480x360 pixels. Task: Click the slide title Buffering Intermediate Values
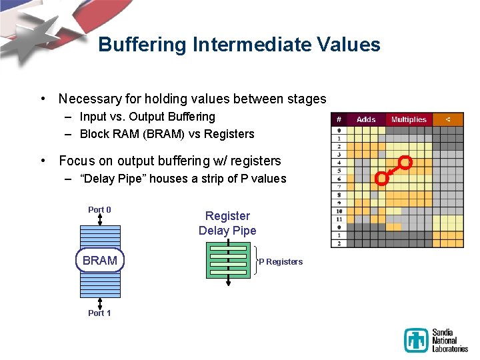pos(239,45)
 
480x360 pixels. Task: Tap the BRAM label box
pos(100,261)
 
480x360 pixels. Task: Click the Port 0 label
pos(99,209)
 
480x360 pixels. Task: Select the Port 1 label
pos(99,313)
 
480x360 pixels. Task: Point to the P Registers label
pos(281,262)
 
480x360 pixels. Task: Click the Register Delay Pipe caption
pos(227,223)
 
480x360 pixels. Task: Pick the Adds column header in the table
pos(366,119)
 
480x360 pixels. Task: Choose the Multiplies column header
pos(408,119)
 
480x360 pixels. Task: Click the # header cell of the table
pos(339,119)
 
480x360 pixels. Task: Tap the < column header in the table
pos(447,119)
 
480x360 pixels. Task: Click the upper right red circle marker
pos(405,162)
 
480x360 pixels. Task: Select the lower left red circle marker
pos(381,178)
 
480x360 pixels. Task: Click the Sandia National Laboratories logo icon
pos(416,341)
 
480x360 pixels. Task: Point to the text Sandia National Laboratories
pos(450,341)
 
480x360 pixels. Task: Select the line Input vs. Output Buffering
pos(147,117)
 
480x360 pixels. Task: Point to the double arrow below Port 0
pos(99,219)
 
